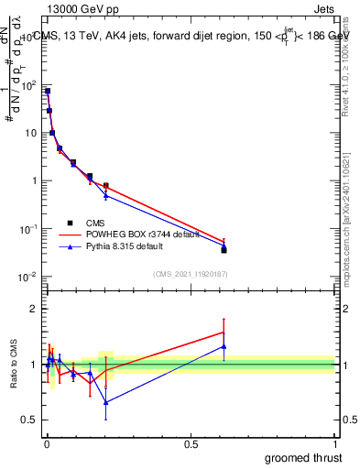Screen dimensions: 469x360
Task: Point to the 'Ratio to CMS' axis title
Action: pos(13,365)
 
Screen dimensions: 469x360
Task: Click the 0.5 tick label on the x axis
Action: pos(191,442)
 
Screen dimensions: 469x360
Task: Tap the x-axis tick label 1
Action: pos(334,442)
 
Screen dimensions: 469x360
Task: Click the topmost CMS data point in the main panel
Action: pos(48,91)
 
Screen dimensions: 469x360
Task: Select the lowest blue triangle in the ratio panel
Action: pos(106,402)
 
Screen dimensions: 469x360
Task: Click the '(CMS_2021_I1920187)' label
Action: pos(191,273)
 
